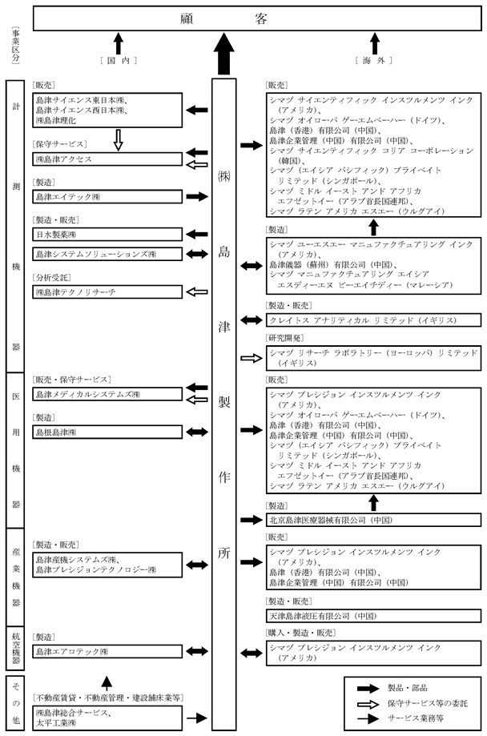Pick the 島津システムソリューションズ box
107,254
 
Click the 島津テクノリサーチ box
107,293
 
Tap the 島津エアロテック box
107,654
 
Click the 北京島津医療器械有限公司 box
373,520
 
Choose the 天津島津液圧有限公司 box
373,616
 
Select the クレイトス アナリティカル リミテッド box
373,320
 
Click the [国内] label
117,61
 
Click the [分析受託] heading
50,280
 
